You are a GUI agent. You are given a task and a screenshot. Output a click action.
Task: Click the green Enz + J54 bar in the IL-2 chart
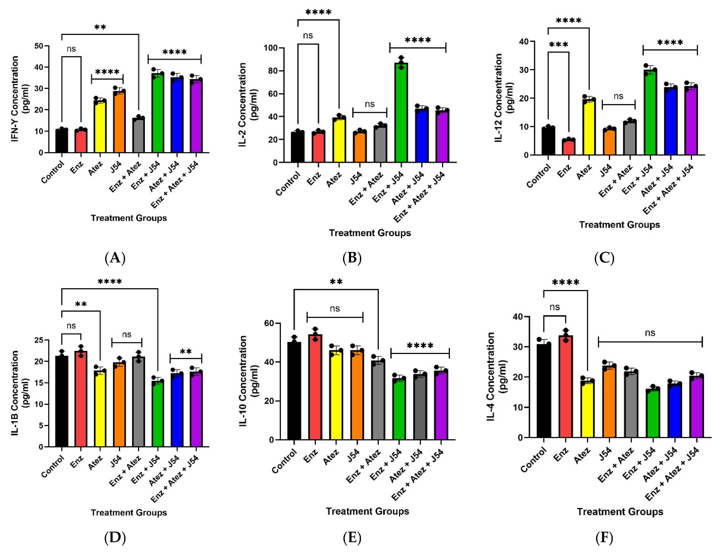pyautogui.click(x=401, y=113)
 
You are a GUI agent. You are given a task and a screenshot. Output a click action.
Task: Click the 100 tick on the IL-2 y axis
pyautogui.click(x=271, y=48)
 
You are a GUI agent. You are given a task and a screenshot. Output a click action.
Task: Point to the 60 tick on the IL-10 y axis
pyautogui.click(x=269, y=323)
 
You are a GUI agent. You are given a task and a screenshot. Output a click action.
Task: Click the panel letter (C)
pyautogui.click(x=604, y=258)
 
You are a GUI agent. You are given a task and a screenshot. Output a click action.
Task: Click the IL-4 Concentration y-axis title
pyautogui.click(x=496, y=376)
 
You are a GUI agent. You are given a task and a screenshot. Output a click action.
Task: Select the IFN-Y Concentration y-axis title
pyautogui.click(x=20, y=99)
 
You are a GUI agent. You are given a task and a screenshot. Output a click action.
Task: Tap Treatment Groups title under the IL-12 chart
pyautogui.click(x=619, y=225)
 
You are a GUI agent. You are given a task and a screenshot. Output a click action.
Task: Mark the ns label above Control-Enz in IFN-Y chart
pyautogui.click(x=71, y=49)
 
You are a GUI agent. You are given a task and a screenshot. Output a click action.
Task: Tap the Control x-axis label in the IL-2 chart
pyautogui.click(x=288, y=184)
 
